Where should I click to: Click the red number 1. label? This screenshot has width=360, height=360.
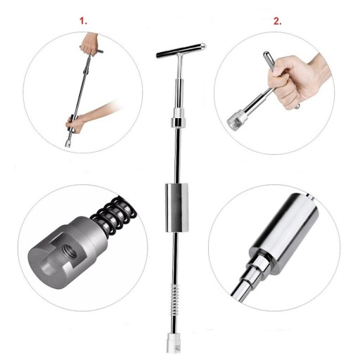click(x=83, y=21)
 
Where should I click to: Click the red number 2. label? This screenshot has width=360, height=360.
click(x=277, y=21)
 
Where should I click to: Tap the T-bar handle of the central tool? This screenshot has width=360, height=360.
click(x=181, y=51)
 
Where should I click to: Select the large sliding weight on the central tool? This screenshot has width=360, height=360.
click(x=176, y=207)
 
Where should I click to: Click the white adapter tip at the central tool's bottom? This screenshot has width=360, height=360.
click(x=174, y=342)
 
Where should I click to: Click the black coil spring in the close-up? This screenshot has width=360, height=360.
click(x=114, y=216)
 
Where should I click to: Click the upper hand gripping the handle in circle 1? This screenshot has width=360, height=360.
click(x=90, y=44)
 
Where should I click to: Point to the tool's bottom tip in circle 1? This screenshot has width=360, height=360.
click(x=68, y=143)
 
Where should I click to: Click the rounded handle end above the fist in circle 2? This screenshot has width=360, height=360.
click(x=268, y=58)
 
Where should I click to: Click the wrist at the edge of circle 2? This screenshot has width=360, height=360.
click(x=321, y=68)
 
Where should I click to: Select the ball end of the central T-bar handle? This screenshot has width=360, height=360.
click(x=203, y=46)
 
